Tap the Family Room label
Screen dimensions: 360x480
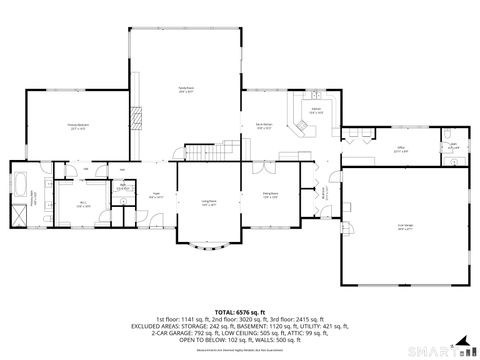pos(186,91)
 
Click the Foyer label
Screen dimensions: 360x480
pos(156,197)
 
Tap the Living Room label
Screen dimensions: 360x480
pos(209,203)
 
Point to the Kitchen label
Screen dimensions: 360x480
pos(316,110)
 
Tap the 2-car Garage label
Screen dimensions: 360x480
pos(405,227)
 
